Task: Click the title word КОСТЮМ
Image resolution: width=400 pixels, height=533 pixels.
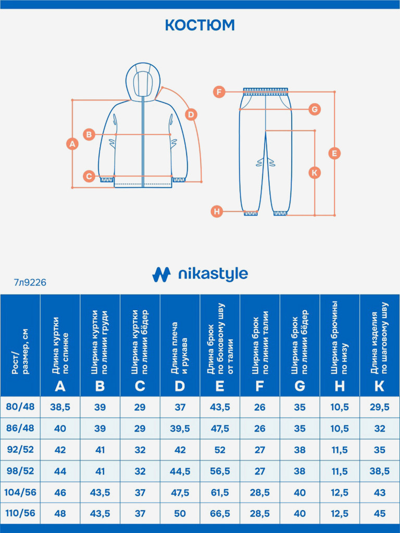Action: (199, 25)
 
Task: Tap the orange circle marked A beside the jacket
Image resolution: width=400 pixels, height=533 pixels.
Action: (72, 143)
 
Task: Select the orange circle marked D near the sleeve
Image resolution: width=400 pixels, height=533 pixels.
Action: (191, 115)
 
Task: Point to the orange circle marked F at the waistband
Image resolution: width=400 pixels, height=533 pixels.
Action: (219, 92)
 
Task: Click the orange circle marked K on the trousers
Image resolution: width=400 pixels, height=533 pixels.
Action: (315, 172)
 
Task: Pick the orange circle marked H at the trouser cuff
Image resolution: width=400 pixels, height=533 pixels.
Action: (217, 211)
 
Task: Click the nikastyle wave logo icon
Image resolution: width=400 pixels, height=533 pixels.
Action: (161, 274)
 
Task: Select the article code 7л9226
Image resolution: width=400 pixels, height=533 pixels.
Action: (30, 283)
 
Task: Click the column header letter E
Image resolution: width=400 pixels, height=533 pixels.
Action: (220, 386)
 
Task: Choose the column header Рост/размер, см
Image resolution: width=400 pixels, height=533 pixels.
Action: (20, 354)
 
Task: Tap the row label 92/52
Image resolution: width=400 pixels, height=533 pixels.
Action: (20, 449)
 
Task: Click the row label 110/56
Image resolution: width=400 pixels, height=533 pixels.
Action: (20, 513)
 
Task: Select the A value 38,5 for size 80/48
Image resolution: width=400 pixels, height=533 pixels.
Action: (60, 407)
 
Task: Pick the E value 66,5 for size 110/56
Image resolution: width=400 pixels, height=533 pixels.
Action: (220, 513)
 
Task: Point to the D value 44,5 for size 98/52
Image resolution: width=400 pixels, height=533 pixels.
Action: (180, 471)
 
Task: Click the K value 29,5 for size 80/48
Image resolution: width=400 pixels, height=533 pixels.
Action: (380, 407)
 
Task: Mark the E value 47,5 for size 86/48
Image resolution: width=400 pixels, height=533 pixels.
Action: (220, 428)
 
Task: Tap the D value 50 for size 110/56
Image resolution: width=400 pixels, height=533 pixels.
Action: (180, 513)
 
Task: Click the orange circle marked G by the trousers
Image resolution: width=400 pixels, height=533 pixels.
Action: (314, 109)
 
